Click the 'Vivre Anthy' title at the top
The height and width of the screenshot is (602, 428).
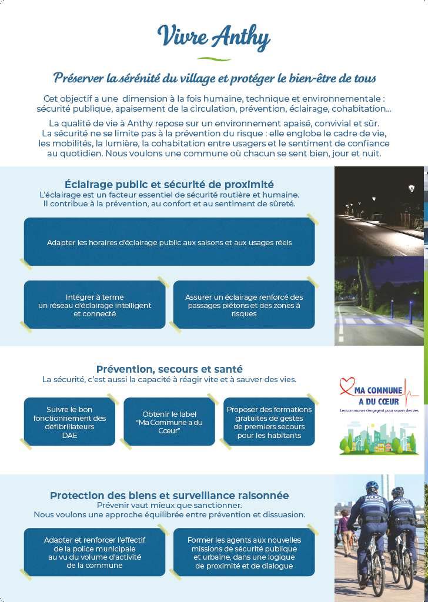[213, 38]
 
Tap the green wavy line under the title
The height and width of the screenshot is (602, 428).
[213, 59]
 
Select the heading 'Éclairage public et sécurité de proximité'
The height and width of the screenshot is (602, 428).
[169, 185]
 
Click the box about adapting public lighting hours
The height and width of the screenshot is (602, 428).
[169, 242]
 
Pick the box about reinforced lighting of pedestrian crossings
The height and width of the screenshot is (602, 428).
[244, 305]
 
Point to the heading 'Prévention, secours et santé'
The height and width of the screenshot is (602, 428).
[169, 369]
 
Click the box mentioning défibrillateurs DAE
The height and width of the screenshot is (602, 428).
[69, 422]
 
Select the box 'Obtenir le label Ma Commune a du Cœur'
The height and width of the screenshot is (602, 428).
[169, 422]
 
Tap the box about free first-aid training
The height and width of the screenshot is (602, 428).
[269, 422]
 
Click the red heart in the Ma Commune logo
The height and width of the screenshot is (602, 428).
[348, 385]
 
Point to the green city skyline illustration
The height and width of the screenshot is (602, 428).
[379, 438]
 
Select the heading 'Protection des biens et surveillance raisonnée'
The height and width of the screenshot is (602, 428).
[169, 496]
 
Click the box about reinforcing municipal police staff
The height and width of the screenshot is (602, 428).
[95, 552]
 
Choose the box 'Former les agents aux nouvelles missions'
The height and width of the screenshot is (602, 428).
[244, 552]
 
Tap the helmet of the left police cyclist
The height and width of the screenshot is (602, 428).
[372, 487]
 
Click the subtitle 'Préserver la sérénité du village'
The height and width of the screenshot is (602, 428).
[214, 78]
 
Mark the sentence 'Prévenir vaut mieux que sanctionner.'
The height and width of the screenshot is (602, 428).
[169, 505]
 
